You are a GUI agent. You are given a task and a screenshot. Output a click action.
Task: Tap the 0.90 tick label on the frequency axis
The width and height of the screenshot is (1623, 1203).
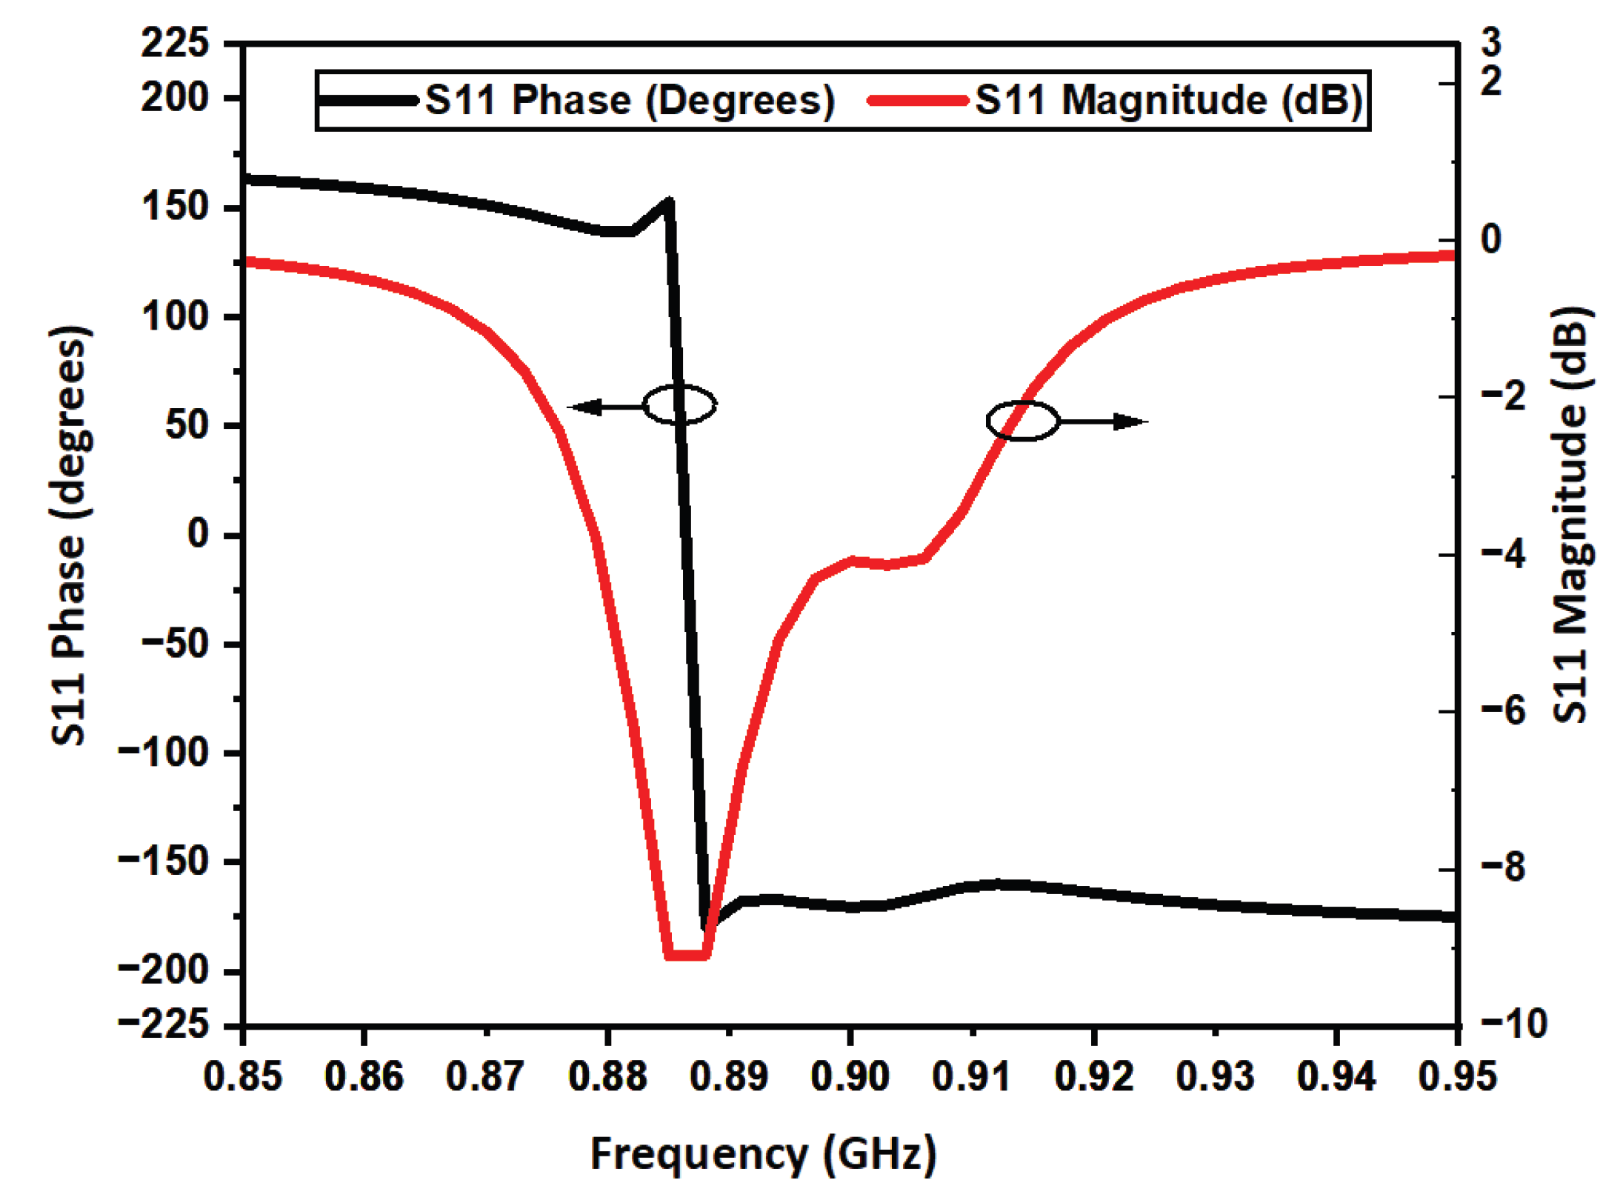pos(850,1076)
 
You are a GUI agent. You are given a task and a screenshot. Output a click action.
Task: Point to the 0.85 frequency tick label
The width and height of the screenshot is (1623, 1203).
pos(243,1076)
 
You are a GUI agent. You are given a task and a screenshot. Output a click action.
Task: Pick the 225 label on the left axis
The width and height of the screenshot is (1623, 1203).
pos(176,43)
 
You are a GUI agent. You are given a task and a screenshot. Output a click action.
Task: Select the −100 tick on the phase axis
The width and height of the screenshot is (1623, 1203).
pos(164,753)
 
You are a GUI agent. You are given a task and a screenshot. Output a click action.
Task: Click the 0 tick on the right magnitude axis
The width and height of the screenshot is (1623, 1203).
pos(1490,239)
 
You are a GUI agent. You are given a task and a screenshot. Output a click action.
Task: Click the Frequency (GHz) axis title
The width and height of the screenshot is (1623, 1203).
pos(763,1154)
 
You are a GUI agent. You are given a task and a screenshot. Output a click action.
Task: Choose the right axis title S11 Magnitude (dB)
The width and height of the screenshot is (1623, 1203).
pos(1570,515)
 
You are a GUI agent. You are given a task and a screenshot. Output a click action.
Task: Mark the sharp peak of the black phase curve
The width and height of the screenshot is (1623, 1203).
pos(669,201)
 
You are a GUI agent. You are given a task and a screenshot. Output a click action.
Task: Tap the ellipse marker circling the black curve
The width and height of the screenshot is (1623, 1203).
pos(679,404)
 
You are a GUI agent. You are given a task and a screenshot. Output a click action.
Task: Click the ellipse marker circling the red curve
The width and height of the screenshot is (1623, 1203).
pos(1022,421)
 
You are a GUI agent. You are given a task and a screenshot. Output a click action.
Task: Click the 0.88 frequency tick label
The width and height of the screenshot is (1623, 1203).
pos(607,1076)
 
